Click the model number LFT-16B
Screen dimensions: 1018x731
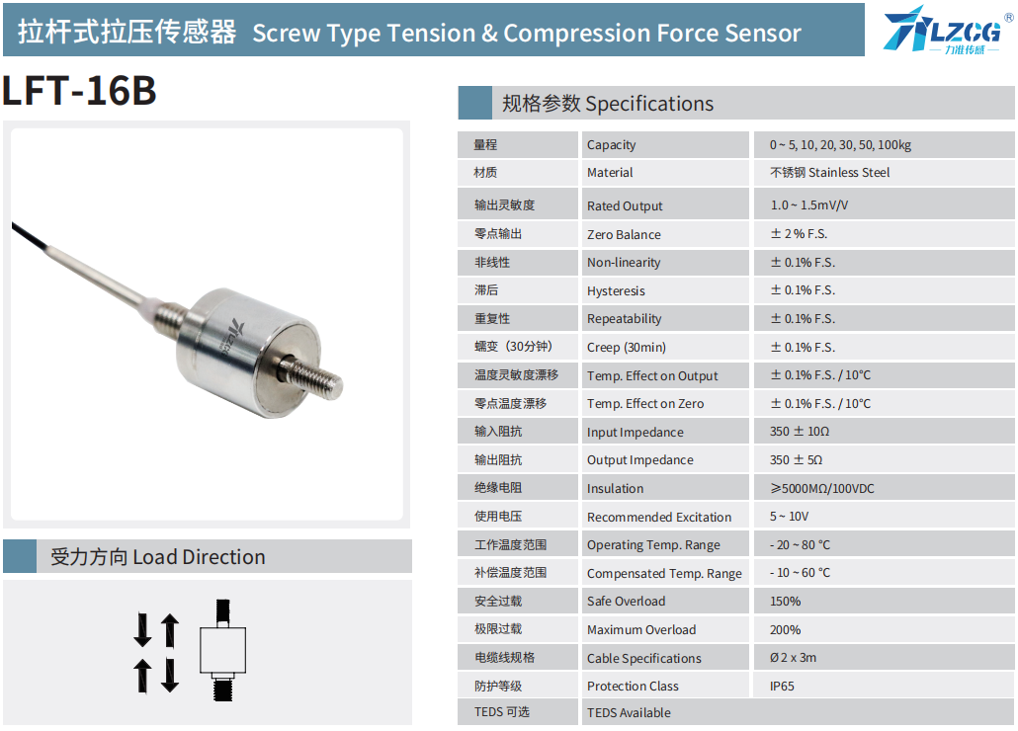(79, 90)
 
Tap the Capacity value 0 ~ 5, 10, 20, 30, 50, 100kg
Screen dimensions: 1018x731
(840, 144)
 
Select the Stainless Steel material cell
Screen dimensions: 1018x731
(829, 173)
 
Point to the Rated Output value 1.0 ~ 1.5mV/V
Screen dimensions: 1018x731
(808, 204)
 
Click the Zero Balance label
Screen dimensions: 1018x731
(624, 234)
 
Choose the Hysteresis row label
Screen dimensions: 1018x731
(616, 290)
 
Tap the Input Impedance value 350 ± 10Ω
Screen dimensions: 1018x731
(800, 432)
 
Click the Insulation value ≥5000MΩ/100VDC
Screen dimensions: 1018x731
(822, 488)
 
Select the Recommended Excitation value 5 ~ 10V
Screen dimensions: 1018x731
(789, 517)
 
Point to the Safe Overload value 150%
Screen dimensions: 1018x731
(785, 602)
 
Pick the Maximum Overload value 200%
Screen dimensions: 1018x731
(785, 630)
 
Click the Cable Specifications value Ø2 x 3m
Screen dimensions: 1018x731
(793, 658)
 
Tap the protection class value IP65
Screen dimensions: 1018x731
(782, 687)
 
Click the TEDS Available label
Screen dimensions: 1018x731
(629, 713)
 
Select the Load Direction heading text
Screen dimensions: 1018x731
(158, 556)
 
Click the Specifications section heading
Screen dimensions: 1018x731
(608, 104)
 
